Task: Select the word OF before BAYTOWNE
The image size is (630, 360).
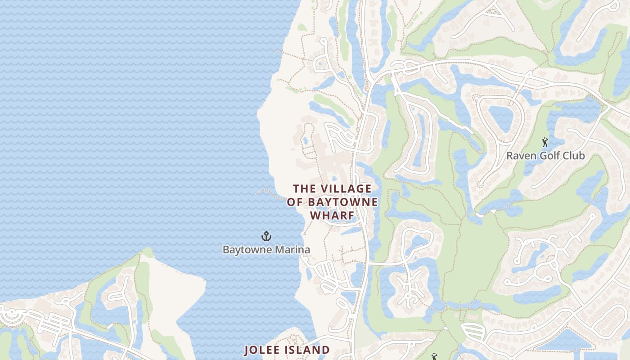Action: (x=295, y=202)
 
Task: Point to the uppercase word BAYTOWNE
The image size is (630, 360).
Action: (x=342, y=202)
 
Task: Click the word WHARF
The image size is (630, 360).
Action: (x=332, y=216)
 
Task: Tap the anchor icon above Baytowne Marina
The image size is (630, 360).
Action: (x=266, y=236)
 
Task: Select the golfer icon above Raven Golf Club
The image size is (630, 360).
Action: (x=545, y=142)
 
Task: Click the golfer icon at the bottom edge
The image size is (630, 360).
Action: (x=434, y=357)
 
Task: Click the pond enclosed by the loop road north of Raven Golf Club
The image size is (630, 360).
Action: (x=501, y=118)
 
